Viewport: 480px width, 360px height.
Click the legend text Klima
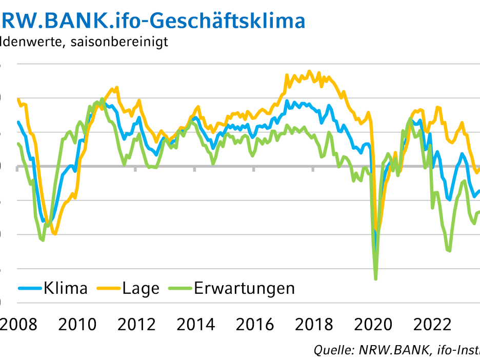tap(66, 288)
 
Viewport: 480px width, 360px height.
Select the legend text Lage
tap(141, 288)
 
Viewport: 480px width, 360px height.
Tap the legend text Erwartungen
tap(245, 288)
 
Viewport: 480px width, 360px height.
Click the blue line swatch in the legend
tap(30, 289)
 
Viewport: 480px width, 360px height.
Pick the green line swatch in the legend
tap(179, 289)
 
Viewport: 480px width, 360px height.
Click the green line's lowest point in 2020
tap(376, 279)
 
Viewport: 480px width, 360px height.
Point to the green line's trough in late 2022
tap(450, 251)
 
